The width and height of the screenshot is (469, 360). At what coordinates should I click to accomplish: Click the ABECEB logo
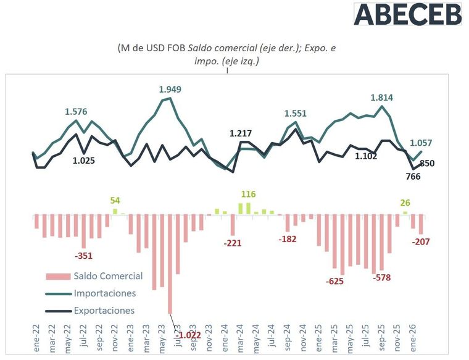click(x=407, y=14)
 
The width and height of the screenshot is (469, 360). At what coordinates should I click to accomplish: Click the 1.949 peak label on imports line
click(x=170, y=90)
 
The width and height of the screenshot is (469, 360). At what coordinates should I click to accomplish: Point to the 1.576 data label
click(x=77, y=112)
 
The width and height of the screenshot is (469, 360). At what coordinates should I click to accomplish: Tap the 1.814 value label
click(x=382, y=97)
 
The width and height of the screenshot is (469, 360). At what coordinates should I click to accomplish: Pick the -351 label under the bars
click(x=83, y=256)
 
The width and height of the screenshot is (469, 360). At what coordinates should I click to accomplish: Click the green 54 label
click(x=115, y=201)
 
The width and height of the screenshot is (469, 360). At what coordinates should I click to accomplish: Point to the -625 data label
click(x=336, y=281)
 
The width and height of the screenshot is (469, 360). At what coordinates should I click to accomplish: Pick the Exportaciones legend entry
click(x=104, y=311)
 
